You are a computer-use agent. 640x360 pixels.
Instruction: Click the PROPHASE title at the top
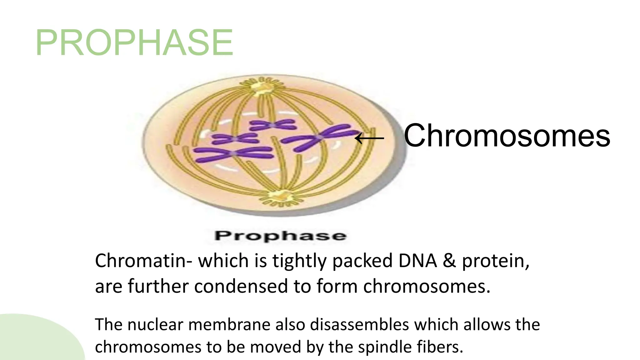pyautogui.click(x=134, y=42)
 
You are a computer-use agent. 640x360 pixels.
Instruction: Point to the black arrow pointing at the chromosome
pyautogui.click(x=369, y=138)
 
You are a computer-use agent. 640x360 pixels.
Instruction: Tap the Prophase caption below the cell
pyautogui.click(x=280, y=236)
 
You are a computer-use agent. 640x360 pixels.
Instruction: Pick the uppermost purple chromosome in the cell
pyautogui.click(x=272, y=125)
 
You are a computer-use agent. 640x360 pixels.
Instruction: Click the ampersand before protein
pyautogui.click(x=449, y=261)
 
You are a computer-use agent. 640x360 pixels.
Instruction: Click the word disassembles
pyautogui.click(x=359, y=324)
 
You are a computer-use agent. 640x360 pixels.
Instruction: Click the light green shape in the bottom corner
pyautogui.click(x=34, y=341)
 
